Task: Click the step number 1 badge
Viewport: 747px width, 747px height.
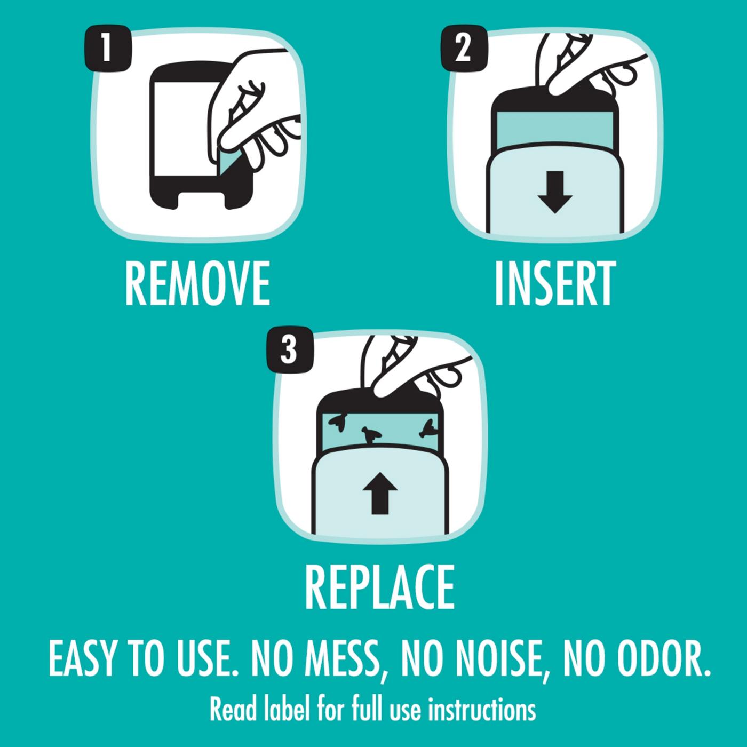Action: (x=108, y=49)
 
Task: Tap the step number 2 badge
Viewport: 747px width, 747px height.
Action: (x=464, y=49)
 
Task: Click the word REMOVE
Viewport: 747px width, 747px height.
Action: (x=197, y=283)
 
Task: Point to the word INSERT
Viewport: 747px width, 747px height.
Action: (x=555, y=283)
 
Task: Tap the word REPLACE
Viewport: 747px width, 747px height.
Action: (x=379, y=586)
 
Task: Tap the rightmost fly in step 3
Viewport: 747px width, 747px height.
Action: (x=429, y=429)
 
